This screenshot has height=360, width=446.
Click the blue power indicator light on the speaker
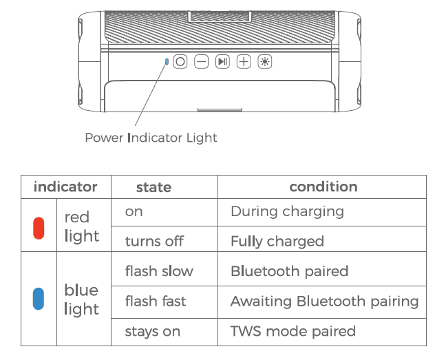[x=167, y=61]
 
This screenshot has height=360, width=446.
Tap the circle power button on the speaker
[x=180, y=61]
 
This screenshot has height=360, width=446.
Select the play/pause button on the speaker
[x=222, y=61]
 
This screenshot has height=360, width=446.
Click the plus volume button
[x=244, y=61]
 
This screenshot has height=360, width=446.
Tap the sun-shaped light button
[x=265, y=61]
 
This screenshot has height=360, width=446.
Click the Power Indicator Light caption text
[x=151, y=138]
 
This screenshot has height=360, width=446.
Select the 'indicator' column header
[x=65, y=187]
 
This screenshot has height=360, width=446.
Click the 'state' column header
[x=153, y=187]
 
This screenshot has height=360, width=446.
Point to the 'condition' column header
[x=323, y=187]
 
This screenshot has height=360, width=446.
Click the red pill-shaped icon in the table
[x=39, y=228]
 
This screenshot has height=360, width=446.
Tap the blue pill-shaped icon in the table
[x=39, y=299]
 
